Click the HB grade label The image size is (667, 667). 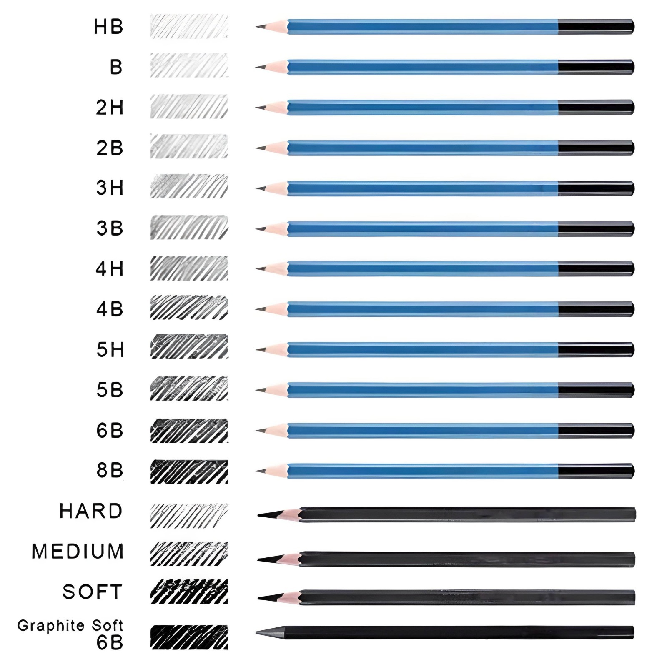(x=108, y=27)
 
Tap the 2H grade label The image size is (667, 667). (x=110, y=108)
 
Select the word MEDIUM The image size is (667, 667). (x=78, y=552)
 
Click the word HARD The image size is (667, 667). (x=91, y=511)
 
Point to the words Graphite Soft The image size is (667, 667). (x=70, y=625)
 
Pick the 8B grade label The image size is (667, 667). (x=110, y=470)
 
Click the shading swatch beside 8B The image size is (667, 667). (x=189, y=471)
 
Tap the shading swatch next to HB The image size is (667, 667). (x=189, y=26)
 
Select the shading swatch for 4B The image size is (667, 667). (x=189, y=308)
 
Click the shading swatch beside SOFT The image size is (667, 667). (x=189, y=592)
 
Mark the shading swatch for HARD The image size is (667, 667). (x=189, y=516)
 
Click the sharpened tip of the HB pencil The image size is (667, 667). (x=259, y=26)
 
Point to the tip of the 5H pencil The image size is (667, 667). (x=259, y=350)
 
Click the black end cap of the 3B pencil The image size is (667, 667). (x=596, y=229)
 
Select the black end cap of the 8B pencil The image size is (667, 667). (x=596, y=471)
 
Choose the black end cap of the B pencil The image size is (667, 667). (x=596, y=67)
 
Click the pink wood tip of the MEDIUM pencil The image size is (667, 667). (x=292, y=559)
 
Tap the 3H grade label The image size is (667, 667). (x=110, y=188)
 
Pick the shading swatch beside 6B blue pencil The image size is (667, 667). (x=189, y=431)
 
